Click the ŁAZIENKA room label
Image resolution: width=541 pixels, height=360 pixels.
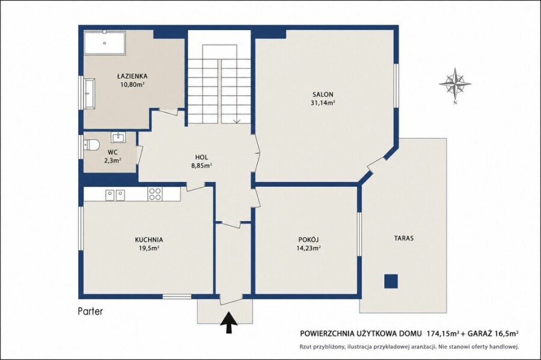coord(132,76)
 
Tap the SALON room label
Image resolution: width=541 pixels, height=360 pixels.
coord(323,94)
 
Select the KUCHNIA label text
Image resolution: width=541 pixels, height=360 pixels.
coord(149,240)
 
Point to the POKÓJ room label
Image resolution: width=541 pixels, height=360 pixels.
coord(308,240)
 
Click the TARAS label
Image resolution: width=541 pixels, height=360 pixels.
coord(404,238)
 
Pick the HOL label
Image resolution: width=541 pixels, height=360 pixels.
coord(201,157)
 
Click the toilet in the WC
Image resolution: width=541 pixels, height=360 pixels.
coord(91,144)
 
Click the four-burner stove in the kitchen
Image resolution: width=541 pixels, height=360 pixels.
coord(154,194)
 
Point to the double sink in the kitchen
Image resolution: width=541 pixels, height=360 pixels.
coord(115,195)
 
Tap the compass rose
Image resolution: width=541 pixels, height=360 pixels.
coord(455,84)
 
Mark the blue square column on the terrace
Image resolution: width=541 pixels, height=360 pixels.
coord(391,281)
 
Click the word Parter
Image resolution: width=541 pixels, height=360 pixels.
coord(90,311)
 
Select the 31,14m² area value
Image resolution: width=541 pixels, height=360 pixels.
coord(323,102)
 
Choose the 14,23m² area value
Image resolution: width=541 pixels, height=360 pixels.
coord(308,248)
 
